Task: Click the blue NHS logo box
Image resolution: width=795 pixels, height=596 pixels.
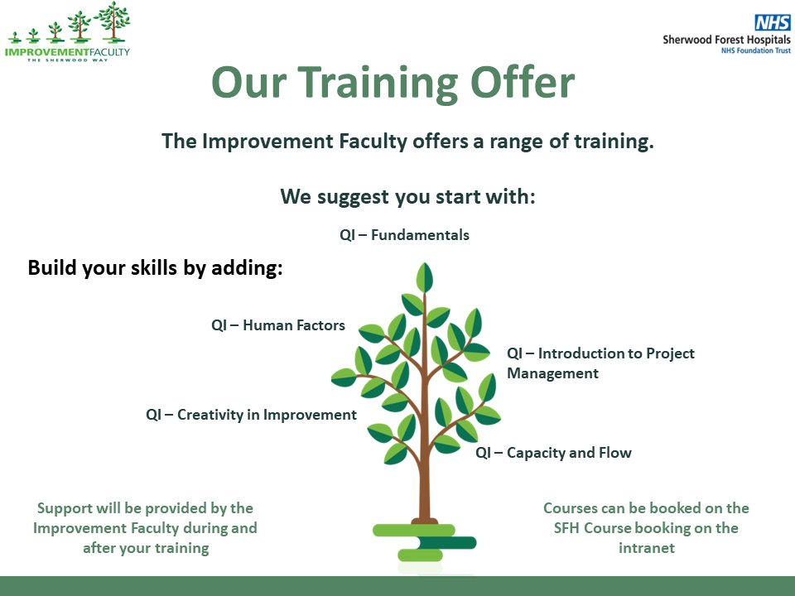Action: (772, 23)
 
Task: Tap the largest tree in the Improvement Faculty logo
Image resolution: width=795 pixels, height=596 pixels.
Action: (111, 22)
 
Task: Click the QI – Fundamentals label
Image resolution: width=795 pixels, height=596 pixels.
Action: (404, 235)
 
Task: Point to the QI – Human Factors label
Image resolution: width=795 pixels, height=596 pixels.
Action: (278, 325)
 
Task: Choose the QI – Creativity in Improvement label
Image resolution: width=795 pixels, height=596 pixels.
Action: (251, 415)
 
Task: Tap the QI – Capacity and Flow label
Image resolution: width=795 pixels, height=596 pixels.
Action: (553, 453)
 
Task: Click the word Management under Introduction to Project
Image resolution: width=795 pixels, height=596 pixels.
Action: (552, 373)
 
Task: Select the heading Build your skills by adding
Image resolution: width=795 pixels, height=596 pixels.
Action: (156, 268)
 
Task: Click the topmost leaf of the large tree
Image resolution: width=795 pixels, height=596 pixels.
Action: (425, 276)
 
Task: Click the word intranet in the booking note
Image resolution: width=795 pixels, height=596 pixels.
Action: (646, 547)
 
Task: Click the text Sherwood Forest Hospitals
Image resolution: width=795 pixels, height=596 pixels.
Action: (726, 39)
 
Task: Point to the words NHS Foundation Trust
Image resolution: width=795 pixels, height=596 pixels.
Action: (754, 51)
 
